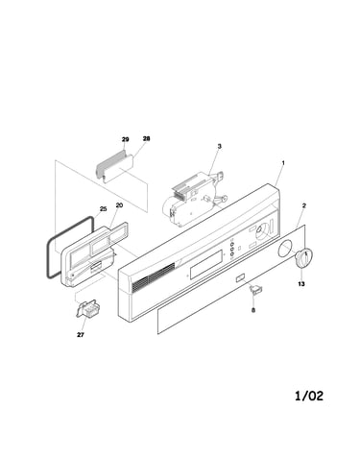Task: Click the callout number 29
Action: [x=125, y=139]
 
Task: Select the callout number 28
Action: [x=146, y=138]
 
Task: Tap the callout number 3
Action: [x=219, y=146]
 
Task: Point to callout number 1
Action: [x=283, y=162]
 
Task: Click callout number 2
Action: [x=304, y=205]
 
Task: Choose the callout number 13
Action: [x=301, y=283]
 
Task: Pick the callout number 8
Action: [x=253, y=310]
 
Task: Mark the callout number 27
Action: [x=81, y=335]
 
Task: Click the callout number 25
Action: [x=103, y=209]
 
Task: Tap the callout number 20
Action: [x=119, y=205]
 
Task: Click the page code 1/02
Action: [x=309, y=396]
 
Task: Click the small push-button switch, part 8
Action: [x=255, y=290]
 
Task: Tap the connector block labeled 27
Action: [x=87, y=309]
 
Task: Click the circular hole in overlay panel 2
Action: [x=285, y=249]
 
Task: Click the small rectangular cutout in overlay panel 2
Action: [x=240, y=277]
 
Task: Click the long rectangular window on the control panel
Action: [x=207, y=264]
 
